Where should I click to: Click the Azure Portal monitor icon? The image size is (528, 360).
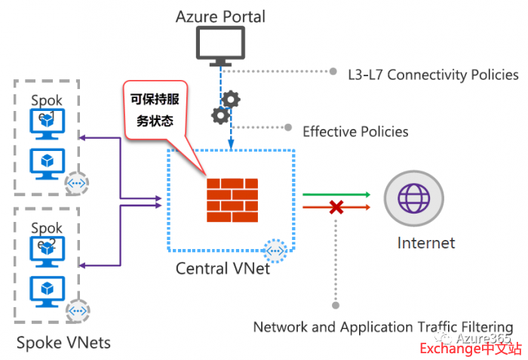pos(220,44)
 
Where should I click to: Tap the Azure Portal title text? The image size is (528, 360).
pos(220,15)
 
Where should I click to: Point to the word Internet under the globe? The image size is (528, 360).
pos(426,243)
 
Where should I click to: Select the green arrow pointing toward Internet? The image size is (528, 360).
pos(336,194)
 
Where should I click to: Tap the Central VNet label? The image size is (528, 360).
pos(223,268)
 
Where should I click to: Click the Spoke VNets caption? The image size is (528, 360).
pos(63,343)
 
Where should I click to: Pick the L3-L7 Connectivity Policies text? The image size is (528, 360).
pos(433,74)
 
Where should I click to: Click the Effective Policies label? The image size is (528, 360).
pos(355,131)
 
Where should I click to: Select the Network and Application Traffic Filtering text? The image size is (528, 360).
pos(382,327)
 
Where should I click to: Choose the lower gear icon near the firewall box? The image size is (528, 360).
pos(219,115)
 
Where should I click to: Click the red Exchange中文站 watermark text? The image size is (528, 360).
pos(470,348)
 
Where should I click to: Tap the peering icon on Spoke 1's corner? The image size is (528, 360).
pos(77,182)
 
